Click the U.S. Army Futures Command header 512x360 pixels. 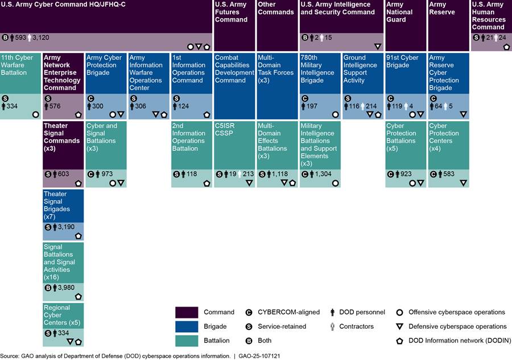point(231,12)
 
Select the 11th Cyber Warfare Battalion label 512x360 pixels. point(20,65)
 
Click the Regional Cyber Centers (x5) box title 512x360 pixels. point(60,315)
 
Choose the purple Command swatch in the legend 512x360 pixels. point(187,312)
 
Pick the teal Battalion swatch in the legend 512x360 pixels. point(187,341)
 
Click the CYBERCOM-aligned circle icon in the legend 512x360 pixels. point(249,312)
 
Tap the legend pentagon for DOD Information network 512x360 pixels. point(400,341)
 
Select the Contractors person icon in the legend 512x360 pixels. point(333,326)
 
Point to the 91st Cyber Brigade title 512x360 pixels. point(402,61)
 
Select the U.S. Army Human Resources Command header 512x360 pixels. point(488,16)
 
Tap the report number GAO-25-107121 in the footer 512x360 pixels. point(260,355)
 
